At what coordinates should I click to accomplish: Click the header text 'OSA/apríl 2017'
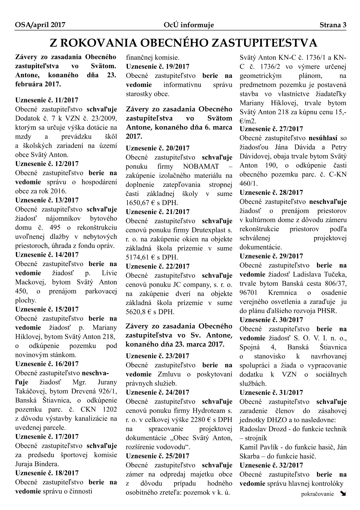[40, 25]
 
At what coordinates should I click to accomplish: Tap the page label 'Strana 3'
[333, 25]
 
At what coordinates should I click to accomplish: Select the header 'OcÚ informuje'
[189, 25]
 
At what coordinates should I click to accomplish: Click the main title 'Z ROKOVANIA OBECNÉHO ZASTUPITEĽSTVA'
[183, 43]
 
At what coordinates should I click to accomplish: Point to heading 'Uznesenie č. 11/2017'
[47, 100]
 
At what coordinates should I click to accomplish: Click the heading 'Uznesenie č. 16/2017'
[47, 364]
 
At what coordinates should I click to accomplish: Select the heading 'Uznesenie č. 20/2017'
[157, 148]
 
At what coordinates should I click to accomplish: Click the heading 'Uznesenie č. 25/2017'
[157, 456]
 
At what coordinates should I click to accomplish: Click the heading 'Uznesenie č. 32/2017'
[271, 465]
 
